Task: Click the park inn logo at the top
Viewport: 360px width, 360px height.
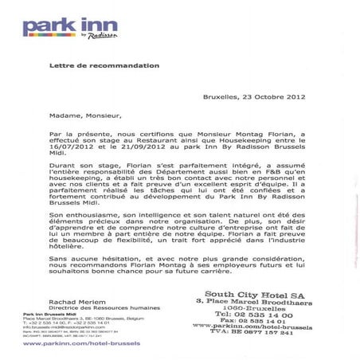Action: pos(71,27)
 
